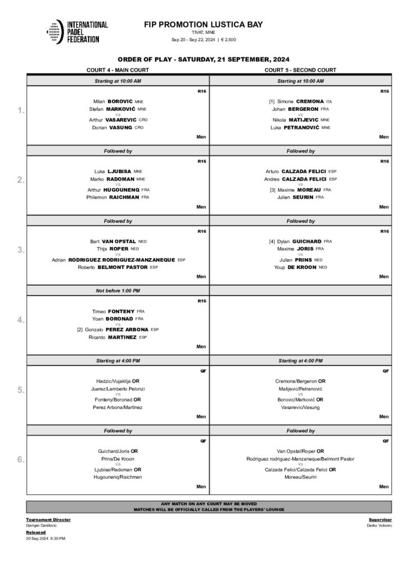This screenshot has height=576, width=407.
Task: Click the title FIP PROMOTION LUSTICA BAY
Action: [203, 25]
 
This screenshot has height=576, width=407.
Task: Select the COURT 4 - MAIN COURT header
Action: [117, 70]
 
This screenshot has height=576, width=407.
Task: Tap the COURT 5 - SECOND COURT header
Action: [300, 70]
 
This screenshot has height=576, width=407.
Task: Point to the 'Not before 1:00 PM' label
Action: [117, 290]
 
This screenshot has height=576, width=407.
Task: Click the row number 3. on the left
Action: [20, 250]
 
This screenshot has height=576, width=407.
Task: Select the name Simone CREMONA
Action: [300, 102]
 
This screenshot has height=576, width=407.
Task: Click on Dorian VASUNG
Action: [117, 128]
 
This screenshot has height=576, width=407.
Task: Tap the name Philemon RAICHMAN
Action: [117, 197]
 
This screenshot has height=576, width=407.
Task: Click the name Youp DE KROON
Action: [300, 267]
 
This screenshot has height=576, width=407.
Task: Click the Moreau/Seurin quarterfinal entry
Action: [300, 476]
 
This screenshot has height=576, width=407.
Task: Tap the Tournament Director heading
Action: [48, 520]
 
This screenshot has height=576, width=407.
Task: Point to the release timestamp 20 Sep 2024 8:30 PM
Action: [46, 538]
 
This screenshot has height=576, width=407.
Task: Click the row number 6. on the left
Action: [20, 460]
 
